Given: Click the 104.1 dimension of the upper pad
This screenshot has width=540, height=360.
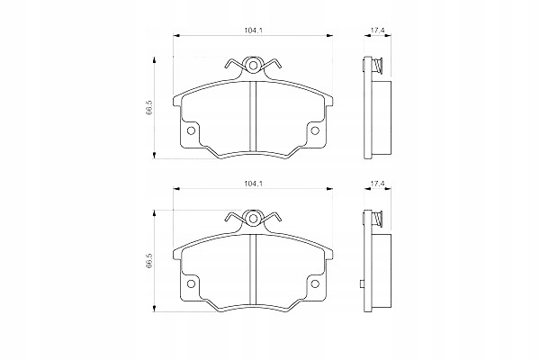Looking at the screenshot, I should (x=253, y=31).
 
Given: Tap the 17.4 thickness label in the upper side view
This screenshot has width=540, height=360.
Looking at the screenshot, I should (x=379, y=31).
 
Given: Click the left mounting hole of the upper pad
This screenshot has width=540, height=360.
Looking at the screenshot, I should (x=191, y=131).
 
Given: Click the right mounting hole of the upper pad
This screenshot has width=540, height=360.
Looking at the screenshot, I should (x=315, y=131).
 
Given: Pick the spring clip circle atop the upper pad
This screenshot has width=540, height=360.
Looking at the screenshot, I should (x=253, y=65).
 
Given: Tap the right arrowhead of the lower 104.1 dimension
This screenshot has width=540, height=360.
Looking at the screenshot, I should (x=328, y=190).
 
